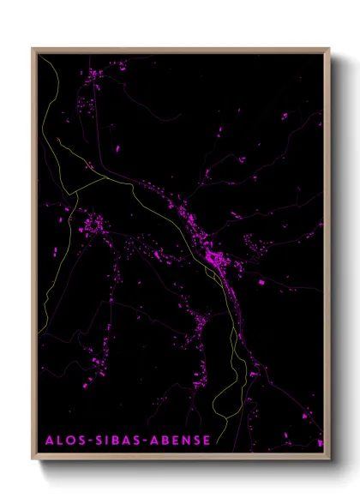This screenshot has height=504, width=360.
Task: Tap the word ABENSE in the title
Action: [179, 441]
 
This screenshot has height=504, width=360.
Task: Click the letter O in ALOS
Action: [70, 441]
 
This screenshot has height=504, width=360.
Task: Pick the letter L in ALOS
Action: [59, 441]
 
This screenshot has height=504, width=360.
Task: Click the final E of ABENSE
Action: [206, 441]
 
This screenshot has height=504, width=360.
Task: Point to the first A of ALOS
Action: [49, 441]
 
